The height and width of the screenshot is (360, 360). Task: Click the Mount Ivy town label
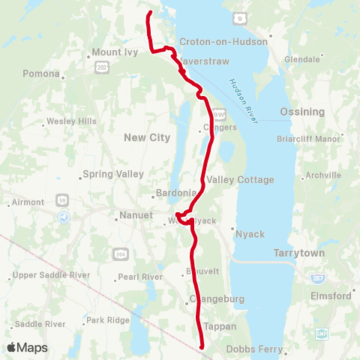pyautogui.click(x=112, y=52)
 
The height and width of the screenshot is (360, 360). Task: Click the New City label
pyautogui.click(x=147, y=137)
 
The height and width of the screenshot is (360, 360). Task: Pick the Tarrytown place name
pyautogui.click(x=299, y=253)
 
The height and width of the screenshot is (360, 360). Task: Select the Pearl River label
pyautogui.click(x=142, y=277)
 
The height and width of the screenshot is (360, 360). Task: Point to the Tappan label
pyautogui.click(x=220, y=326)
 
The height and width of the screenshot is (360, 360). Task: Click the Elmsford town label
pyautogui.click(x=330, y=295)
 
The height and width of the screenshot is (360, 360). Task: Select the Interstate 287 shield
pyautogui.click(x=318, y=277)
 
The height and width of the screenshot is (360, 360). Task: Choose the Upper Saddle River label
pyautogui.click(x=52, y=275)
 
